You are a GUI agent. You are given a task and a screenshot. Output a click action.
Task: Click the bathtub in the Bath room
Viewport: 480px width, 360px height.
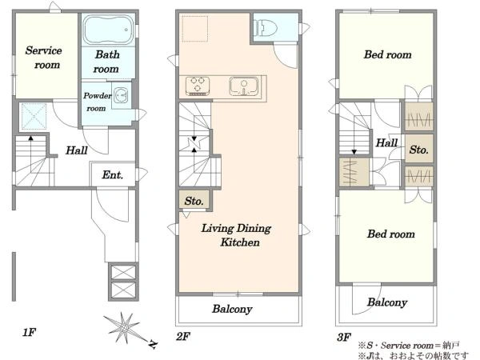click(108, 30)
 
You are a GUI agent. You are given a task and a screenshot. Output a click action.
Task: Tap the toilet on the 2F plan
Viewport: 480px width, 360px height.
click(266, 28)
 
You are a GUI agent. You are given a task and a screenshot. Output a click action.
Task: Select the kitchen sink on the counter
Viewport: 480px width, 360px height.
click(244, 86)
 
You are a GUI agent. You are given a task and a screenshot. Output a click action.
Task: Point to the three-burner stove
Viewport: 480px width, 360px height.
click(198, 86)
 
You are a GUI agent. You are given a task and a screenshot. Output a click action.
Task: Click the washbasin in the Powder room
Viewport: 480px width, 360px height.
click(121, 95)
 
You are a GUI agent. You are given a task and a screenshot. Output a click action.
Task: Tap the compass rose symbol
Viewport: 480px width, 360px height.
click(124, 329)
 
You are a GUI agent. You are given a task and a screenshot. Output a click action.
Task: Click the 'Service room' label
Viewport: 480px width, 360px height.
click(44, 58)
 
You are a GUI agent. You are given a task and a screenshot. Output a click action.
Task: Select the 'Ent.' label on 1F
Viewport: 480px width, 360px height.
click(112, 174)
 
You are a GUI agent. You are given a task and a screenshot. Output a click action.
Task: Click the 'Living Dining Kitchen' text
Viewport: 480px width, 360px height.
click(236, 234)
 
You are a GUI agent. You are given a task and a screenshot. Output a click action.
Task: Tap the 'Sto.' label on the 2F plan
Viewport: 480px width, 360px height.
click(194, 201)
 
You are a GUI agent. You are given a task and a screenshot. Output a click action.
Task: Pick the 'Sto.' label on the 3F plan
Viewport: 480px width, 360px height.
click(418, 150)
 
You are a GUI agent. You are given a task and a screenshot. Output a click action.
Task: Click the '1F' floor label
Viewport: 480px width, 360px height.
click(30, 332)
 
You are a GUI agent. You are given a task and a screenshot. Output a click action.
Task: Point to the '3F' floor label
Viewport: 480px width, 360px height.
click(344, 337)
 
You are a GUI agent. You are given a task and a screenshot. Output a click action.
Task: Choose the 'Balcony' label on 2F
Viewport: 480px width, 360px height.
click(232, 309)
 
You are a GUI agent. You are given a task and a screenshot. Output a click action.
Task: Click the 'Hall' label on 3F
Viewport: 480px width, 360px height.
click(386, 142)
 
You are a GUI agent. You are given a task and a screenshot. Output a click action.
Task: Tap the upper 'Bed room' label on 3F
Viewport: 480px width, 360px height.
click(387, 54)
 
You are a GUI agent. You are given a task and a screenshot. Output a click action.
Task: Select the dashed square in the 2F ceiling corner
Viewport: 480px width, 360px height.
click(195, 29)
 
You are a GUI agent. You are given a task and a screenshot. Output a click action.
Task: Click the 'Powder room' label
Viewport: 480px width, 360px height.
click(98, 102)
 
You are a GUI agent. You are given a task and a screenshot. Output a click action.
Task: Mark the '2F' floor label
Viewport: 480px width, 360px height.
click(183, 337)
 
